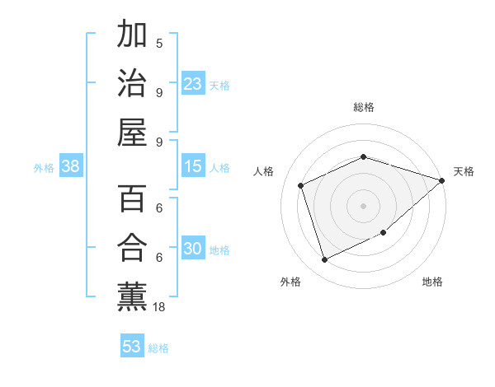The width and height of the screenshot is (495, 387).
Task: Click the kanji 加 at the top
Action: coord(133,35)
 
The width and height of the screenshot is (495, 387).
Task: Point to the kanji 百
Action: coord(133,199)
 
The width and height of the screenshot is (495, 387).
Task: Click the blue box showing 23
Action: coord(192,83)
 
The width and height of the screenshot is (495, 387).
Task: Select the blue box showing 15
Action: coord(192,166)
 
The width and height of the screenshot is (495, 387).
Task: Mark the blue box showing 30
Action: coord(192,249)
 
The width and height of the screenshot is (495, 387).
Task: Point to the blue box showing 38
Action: coord(70,166)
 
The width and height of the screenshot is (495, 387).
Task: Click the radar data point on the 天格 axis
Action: coord(441,180)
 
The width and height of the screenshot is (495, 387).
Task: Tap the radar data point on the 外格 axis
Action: coord(324,260)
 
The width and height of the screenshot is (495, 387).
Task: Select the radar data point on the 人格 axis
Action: coord(301,185)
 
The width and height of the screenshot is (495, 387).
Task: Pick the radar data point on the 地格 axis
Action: coord(384,233)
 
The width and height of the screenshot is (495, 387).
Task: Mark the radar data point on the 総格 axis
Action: coord(364,156)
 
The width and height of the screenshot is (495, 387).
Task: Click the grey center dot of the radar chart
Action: coord(364,205)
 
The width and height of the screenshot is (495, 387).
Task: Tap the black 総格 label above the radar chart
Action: coord(364,107)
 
